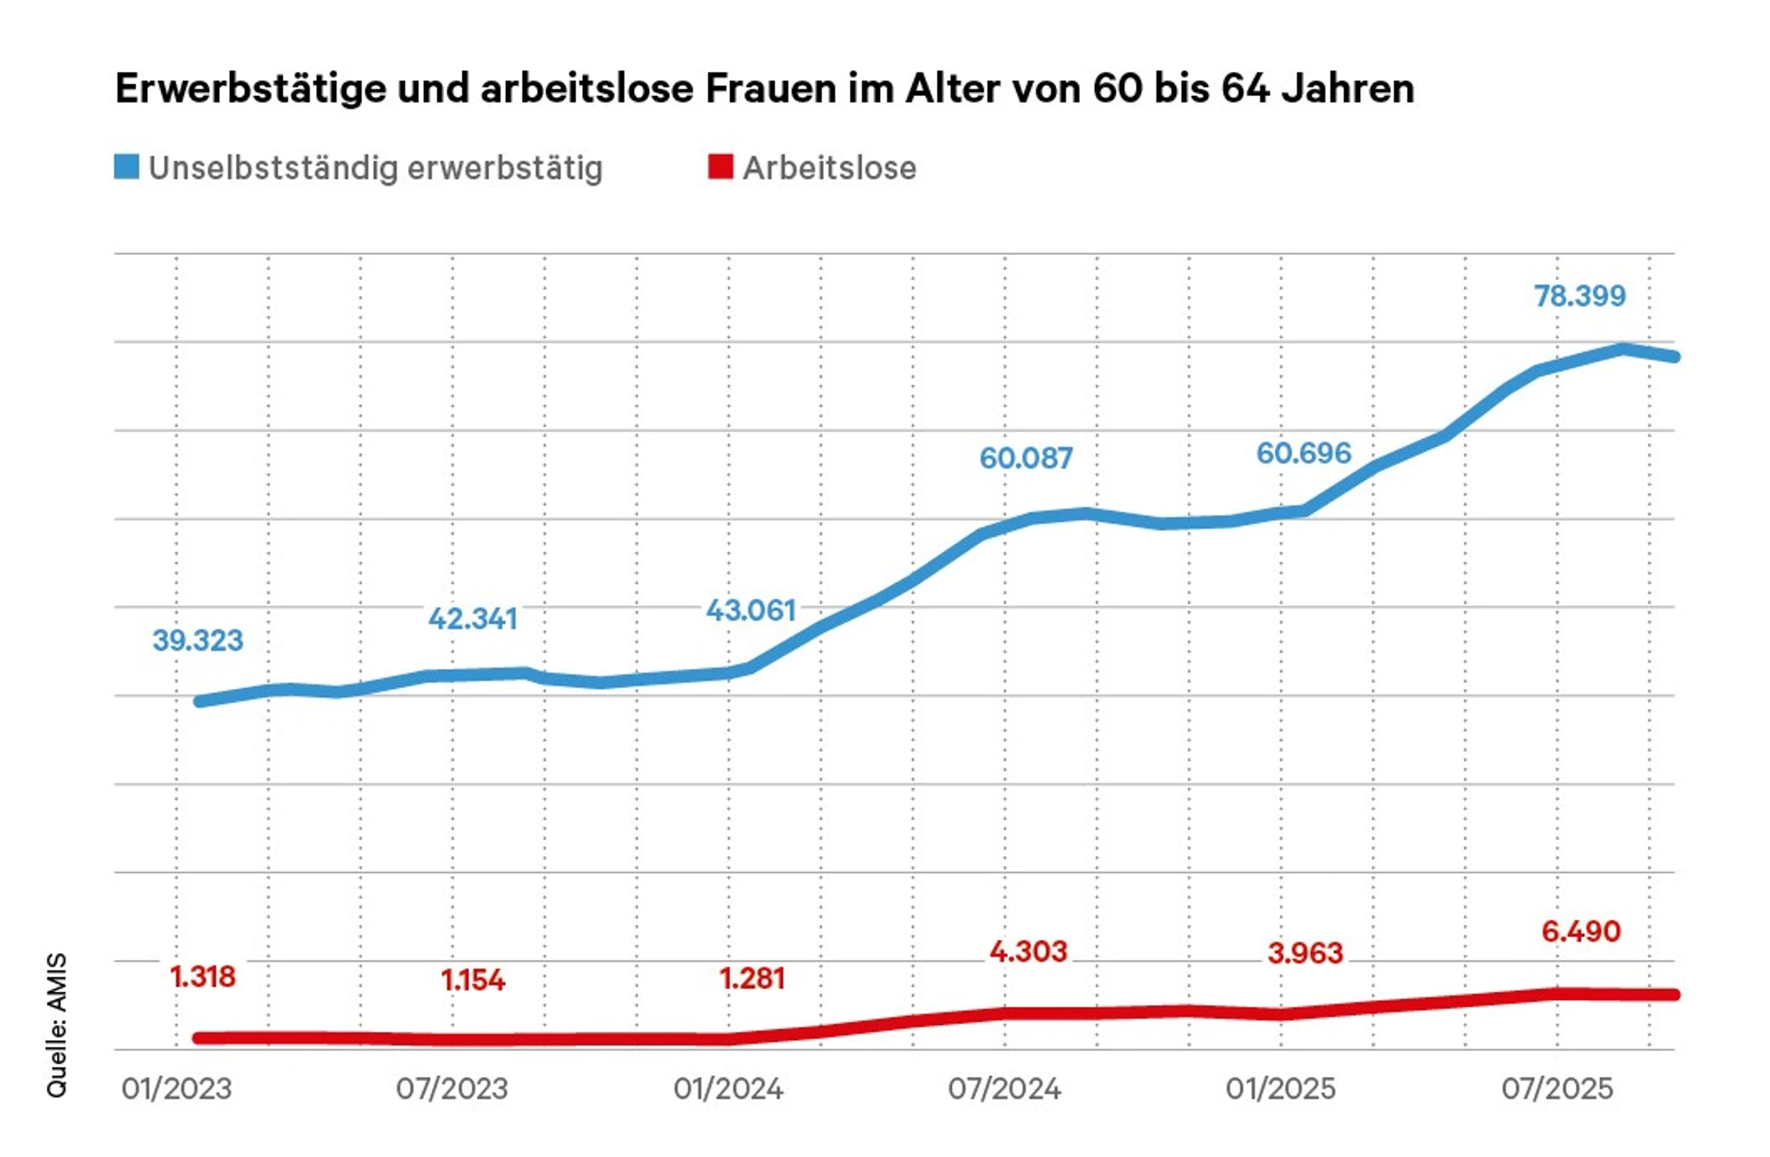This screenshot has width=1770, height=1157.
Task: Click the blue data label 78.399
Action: coord(1580,296)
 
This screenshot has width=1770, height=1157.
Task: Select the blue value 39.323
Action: coord(198,640)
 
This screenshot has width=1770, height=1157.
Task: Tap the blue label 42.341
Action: coord(472,619)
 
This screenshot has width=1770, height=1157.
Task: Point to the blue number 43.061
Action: coord(751,610)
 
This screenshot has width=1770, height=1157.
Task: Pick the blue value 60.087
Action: coord(1025,458)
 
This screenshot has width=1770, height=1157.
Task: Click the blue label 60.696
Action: coord(1303,453)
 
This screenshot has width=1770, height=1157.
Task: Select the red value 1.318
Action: coord(203,977)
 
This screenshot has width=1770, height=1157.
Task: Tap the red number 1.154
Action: coord(473,980)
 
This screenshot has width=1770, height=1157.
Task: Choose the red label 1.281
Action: coord(752,979)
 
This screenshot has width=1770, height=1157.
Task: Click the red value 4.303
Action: coord(1028,951)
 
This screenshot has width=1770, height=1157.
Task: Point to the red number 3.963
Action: coord(1305,953)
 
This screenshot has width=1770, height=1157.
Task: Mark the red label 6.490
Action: coord(1581,931)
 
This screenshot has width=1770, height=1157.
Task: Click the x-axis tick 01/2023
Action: coord(177,1089)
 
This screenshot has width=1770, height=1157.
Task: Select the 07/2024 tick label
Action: coord(1004,1089)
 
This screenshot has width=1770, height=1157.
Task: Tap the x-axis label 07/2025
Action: coord(1557,1089)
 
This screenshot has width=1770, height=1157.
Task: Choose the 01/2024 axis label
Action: coord(728,1089)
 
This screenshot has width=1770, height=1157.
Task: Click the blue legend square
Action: coord(127,167)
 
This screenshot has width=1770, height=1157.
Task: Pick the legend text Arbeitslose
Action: coord(829,168)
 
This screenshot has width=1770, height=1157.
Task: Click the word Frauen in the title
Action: coord(770,88)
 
